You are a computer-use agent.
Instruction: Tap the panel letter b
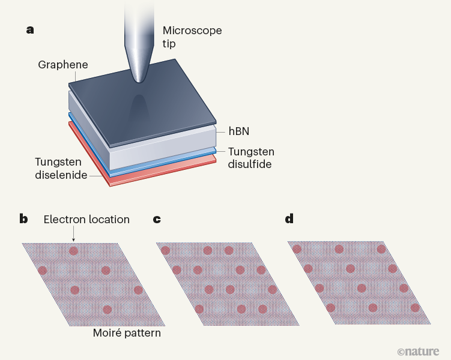[23, 219]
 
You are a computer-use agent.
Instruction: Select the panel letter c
[157, 219]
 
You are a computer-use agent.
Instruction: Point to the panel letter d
[289, 219]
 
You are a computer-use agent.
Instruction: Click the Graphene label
[62, 64]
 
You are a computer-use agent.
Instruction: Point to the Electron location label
[86, 219]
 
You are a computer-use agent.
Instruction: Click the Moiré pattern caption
[127, 332]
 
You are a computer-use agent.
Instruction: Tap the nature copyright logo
[418, 351]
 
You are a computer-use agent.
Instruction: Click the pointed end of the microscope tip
[140, 82]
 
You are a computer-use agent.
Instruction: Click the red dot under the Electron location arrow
[74, 251]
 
